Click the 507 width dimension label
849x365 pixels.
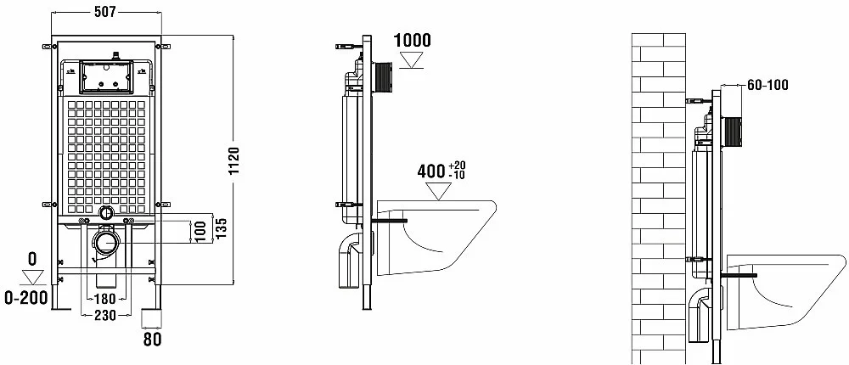point(105,13)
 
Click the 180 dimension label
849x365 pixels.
point(104,299)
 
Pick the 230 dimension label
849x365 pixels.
point(105,315)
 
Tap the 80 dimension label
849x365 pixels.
point(152,340)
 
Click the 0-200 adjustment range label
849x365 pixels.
point(25,297)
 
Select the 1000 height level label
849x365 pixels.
point(412,40)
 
